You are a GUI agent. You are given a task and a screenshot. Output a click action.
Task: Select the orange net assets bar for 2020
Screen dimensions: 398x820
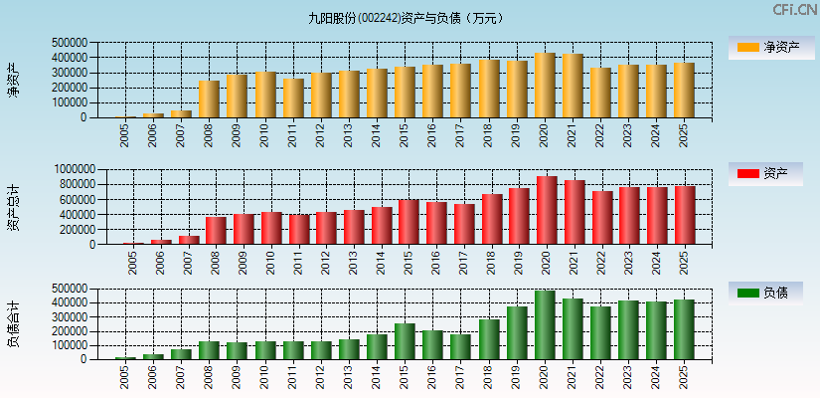pos(545,86)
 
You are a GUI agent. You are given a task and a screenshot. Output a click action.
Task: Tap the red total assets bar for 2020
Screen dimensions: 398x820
pos(547,210)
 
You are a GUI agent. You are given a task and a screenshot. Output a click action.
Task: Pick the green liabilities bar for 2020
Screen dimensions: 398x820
pos(545,325)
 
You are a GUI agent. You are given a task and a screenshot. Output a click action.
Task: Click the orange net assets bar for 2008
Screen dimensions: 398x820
pos(209,99)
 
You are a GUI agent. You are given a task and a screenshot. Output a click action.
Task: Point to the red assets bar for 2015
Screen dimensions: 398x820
pos(409,222)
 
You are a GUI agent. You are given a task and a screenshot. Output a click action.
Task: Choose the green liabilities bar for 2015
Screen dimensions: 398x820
pos(405,341)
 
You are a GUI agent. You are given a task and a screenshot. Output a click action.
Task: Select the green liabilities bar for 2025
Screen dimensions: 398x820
pos(684,329)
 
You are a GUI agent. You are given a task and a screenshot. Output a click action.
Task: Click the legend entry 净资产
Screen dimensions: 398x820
pos(765,47)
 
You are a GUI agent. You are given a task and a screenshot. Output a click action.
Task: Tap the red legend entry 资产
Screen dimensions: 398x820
pos(765,174)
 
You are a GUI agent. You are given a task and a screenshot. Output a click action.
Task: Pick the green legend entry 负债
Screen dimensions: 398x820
pos(765,293)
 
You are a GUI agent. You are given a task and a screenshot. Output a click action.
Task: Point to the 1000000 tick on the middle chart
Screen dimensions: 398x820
pos(82,170)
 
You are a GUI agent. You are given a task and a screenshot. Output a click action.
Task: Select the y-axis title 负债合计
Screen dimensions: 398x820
pos(13,323)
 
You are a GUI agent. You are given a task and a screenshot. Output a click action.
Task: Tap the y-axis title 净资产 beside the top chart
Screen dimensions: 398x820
pos(13,80)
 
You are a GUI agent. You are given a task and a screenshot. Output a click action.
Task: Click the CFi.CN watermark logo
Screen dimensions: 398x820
pos(794,9)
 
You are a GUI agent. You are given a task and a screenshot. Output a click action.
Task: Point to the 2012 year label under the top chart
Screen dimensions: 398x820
pos(319,135)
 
